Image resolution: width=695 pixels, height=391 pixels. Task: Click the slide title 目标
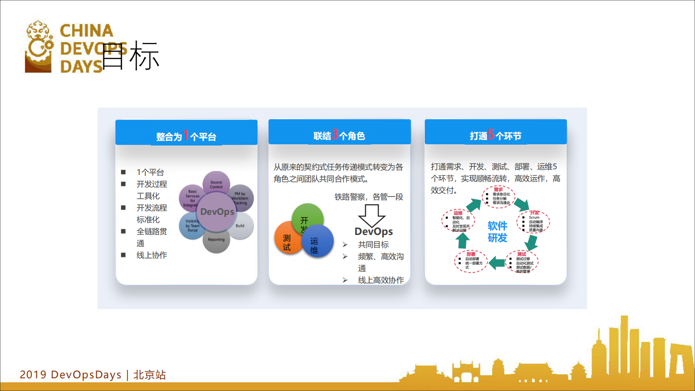point(130,56)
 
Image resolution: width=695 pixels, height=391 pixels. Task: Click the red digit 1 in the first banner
point(186,135)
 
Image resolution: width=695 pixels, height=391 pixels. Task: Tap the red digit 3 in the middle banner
point(335,134)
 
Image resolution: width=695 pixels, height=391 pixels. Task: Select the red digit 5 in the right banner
point(491,134)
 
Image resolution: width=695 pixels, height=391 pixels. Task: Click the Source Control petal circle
point(216,183)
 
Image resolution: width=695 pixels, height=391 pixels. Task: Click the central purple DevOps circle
point(217,212)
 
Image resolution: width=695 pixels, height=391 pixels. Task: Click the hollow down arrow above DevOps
point(372,215)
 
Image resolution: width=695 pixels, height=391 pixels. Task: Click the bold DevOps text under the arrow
point(374,231)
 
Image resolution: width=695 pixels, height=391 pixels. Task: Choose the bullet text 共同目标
point(373,245)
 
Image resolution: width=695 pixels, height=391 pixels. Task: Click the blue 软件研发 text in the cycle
point(497,232)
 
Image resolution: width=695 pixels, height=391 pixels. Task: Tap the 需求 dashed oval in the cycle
point(498,196)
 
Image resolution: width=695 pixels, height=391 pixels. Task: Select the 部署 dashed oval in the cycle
point(470,262)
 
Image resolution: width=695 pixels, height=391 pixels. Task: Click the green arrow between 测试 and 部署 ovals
point(497,263)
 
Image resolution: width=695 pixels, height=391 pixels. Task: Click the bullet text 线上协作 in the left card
point(152,255)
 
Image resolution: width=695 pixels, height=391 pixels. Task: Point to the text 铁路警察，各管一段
point(369,197)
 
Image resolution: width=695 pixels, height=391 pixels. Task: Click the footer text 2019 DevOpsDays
point(71,375)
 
